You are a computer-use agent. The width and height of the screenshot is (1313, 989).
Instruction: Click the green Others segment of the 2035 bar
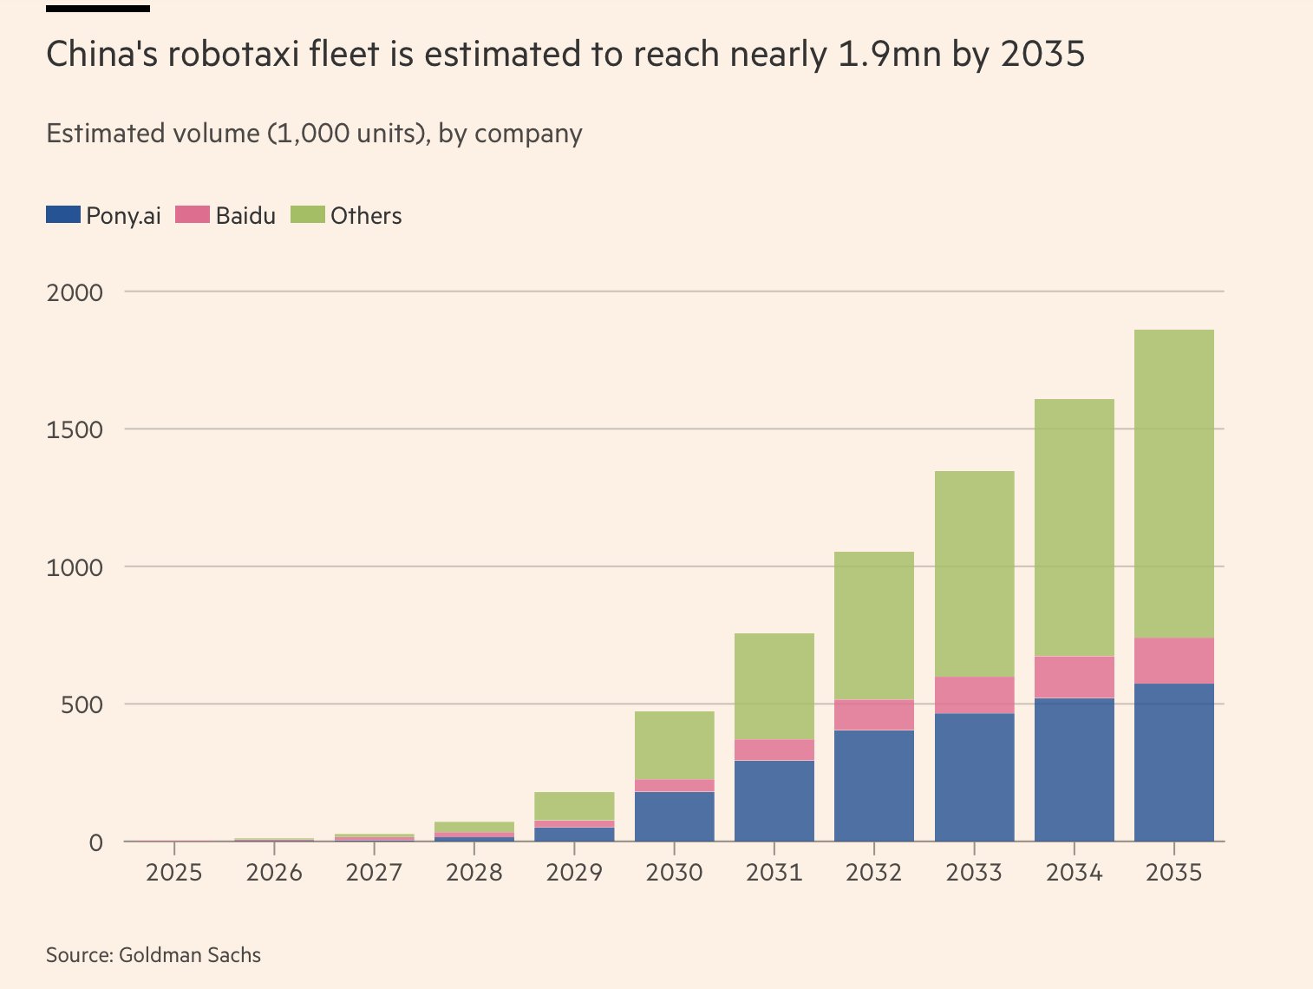point(1173,483)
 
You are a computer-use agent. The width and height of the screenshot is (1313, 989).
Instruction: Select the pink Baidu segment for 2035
point(1173,660)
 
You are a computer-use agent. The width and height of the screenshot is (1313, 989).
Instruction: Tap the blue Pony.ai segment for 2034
point(1074,770)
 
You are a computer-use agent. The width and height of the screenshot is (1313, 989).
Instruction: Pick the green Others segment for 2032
point(873,625)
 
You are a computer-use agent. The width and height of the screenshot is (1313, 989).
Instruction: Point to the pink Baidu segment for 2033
point(974,695)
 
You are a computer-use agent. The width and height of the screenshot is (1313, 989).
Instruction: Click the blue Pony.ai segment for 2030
point(674,816)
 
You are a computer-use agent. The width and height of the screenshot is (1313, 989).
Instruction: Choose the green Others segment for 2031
point(774,686)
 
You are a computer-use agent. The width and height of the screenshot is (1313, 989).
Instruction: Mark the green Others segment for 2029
point(574,806)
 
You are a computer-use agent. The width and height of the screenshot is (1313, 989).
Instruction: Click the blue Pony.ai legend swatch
point(63,214)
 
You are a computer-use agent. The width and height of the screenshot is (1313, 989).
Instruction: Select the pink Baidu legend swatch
point(193,214)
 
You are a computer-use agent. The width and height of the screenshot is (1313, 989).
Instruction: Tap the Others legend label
point(366,216)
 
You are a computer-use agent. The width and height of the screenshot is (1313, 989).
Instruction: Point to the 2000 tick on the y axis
point(75,292)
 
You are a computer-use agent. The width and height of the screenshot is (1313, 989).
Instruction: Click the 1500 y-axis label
point(75,429)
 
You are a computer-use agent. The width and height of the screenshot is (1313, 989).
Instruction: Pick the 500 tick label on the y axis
point(83,704)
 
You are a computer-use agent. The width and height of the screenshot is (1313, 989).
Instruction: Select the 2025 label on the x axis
point(174,872)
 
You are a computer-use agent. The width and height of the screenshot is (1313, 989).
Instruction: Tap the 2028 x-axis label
point(474,872)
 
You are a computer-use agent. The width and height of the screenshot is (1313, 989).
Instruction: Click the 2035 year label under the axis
point(1173,872)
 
